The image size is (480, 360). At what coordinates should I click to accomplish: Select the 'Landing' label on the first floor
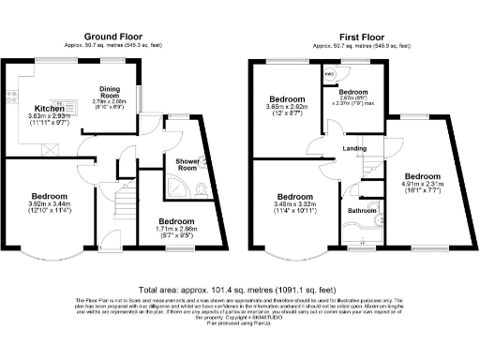354,148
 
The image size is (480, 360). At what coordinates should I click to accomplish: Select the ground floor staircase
122,201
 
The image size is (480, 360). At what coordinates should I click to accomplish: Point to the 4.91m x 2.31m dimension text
423,189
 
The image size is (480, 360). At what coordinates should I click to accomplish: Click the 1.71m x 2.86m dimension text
175,232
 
